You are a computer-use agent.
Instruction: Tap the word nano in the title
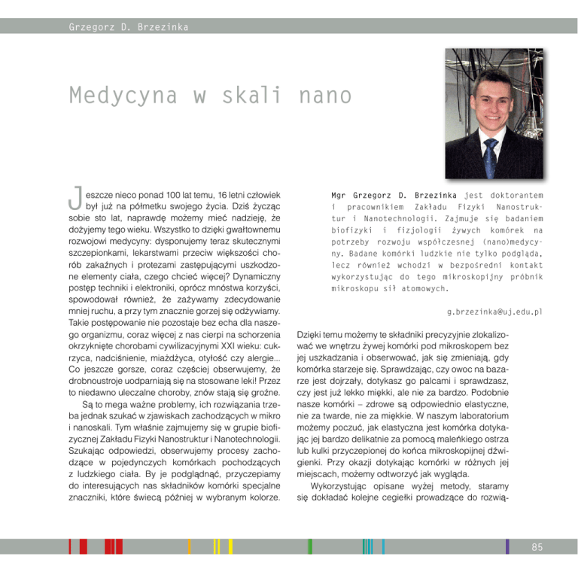pyautogui.click(x=325, y=96)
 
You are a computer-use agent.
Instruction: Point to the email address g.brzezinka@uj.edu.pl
pyautogui.click(x=494, y=311)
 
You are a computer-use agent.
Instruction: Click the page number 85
pyautogui.click(x=537, y=547)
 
